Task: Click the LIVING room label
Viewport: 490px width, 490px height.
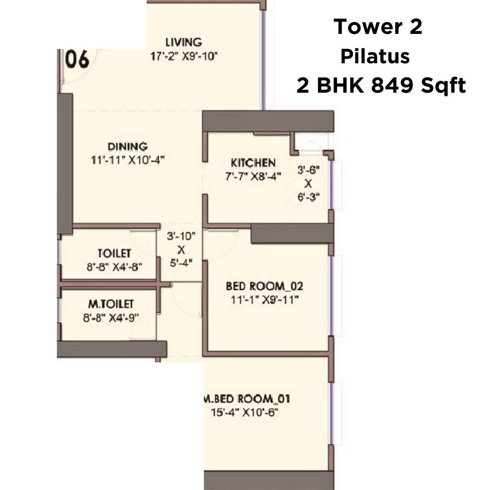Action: pyautogui.click(x=184, y=42)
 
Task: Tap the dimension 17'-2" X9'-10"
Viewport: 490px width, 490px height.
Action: pyautogui.click(x=184, y=56)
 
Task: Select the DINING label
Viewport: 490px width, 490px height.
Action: pyautogui.click(x=127, y=146)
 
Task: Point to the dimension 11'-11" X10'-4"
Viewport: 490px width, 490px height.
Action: pyautogui.click(x=127, y=160)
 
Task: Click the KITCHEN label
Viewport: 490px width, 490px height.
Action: pyautogui.click(x=253, y=163)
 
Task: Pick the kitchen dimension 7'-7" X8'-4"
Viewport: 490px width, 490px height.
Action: pyautogui.click(x=253, y=177)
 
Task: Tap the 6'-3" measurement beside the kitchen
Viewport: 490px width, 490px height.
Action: pyautogui.click(x=308, y=198)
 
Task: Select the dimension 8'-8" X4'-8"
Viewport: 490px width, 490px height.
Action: pyautogui.click(x=114, y=267)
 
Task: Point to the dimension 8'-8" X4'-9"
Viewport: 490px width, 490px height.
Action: pyautogui.click(x=111, y=318)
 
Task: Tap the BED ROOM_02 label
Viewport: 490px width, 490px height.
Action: pyautogui.click(x=265, y=286)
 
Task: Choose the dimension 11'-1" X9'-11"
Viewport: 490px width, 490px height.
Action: pyautogui.click(x=265, y=300)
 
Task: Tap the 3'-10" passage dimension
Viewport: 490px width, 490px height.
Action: pyautogui.click(x=181, y=236)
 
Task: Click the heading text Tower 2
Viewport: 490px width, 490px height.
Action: pyautogui.click(x=378, y=27)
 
